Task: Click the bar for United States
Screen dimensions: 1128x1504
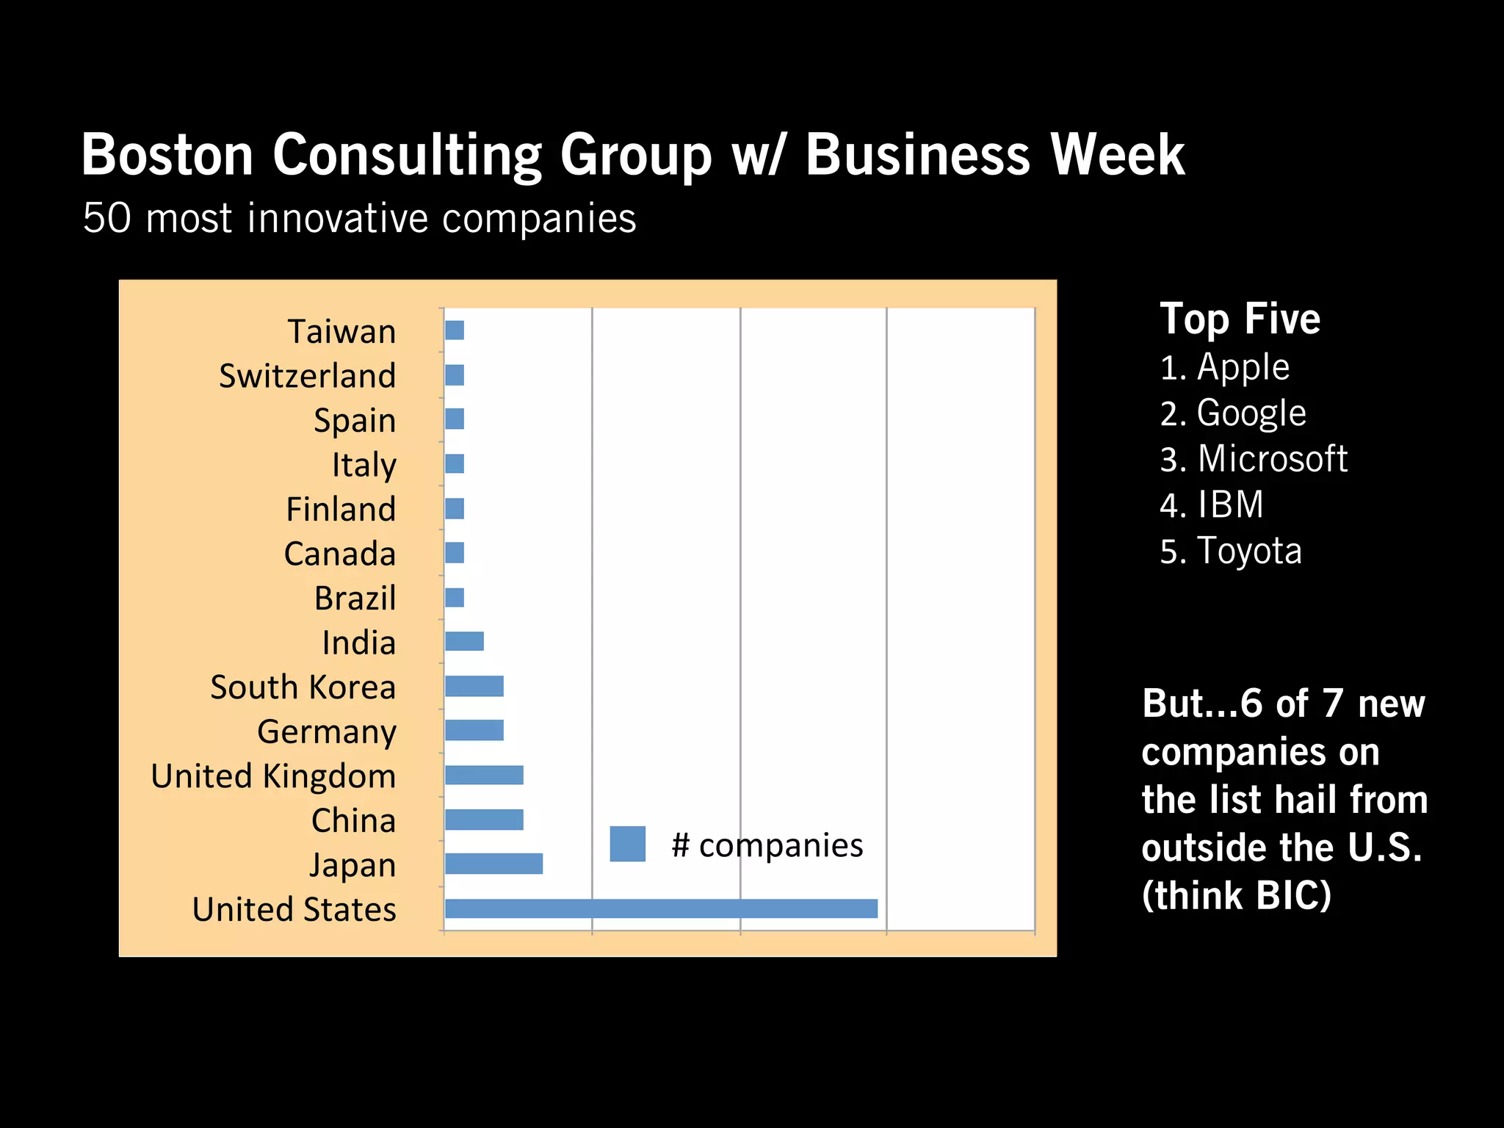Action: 661,908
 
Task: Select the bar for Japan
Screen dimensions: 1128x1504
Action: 493,864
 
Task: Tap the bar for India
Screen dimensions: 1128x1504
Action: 464,641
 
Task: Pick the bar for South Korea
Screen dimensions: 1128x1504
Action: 474,686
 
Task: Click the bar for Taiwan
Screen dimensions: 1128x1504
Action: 455,330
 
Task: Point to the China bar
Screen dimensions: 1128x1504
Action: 484,820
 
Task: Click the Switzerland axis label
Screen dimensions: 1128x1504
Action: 307,376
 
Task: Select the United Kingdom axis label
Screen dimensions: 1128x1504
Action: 273,776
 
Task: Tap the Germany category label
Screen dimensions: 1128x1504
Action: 327,731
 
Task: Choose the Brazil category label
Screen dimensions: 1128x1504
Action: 355,599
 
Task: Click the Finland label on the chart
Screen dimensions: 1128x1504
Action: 341,509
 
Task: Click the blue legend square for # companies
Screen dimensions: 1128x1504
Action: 627,844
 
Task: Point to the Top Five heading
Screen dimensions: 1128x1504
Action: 1240,319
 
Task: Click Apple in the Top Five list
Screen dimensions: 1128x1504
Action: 1243,366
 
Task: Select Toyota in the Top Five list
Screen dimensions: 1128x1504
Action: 1248,551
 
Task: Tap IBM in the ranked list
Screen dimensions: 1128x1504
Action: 1230,505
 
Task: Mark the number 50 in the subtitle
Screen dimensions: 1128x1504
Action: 107,218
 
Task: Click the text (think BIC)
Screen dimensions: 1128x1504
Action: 1236,895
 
